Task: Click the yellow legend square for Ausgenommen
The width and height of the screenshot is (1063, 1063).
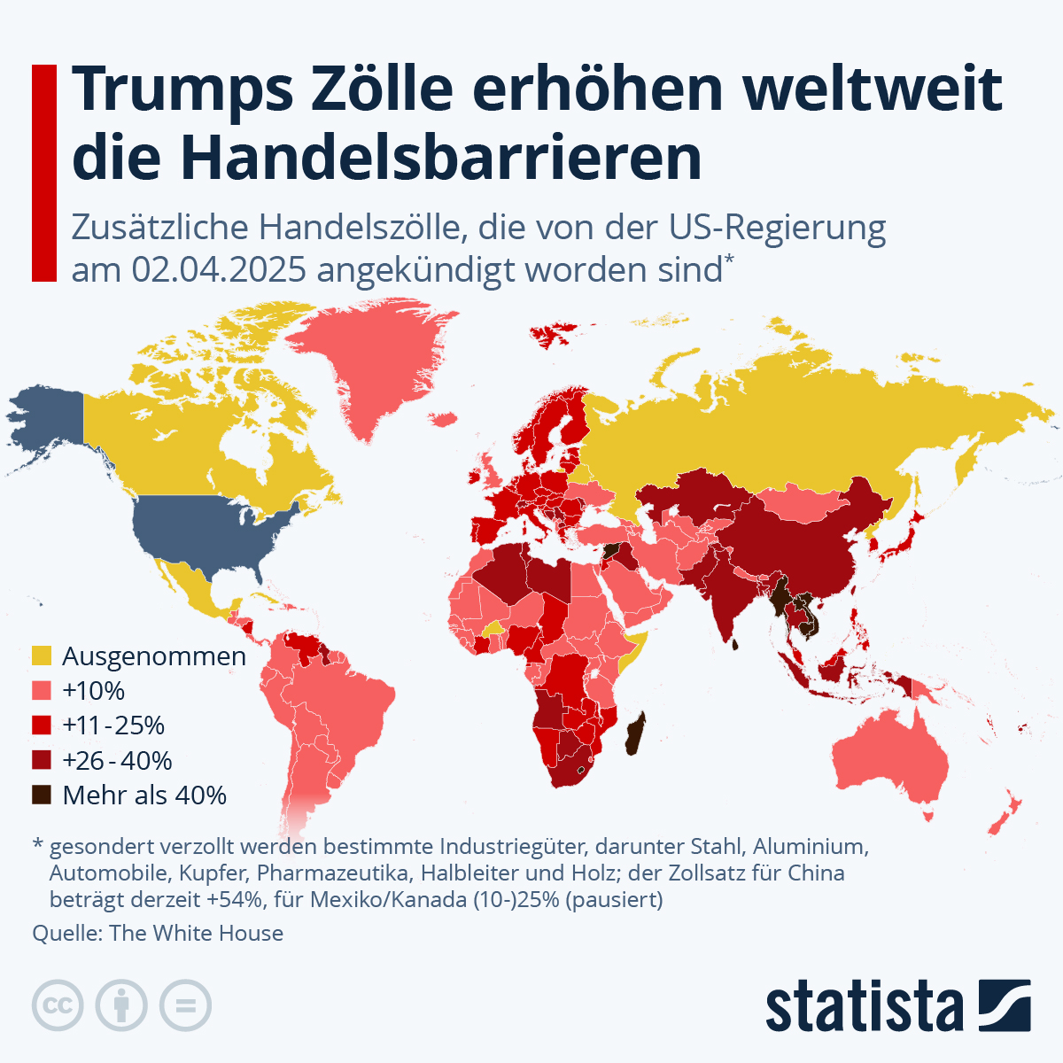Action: point(42,656)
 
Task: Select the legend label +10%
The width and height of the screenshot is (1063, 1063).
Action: point(93,691)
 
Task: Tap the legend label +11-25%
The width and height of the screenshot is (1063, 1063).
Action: point(113,725)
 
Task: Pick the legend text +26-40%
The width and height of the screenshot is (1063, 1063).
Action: point(117,760)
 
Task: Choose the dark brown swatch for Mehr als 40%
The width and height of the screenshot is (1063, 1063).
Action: point(42,795)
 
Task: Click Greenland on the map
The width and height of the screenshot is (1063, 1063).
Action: point(372,363)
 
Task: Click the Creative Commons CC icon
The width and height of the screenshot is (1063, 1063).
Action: point(58,1005)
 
